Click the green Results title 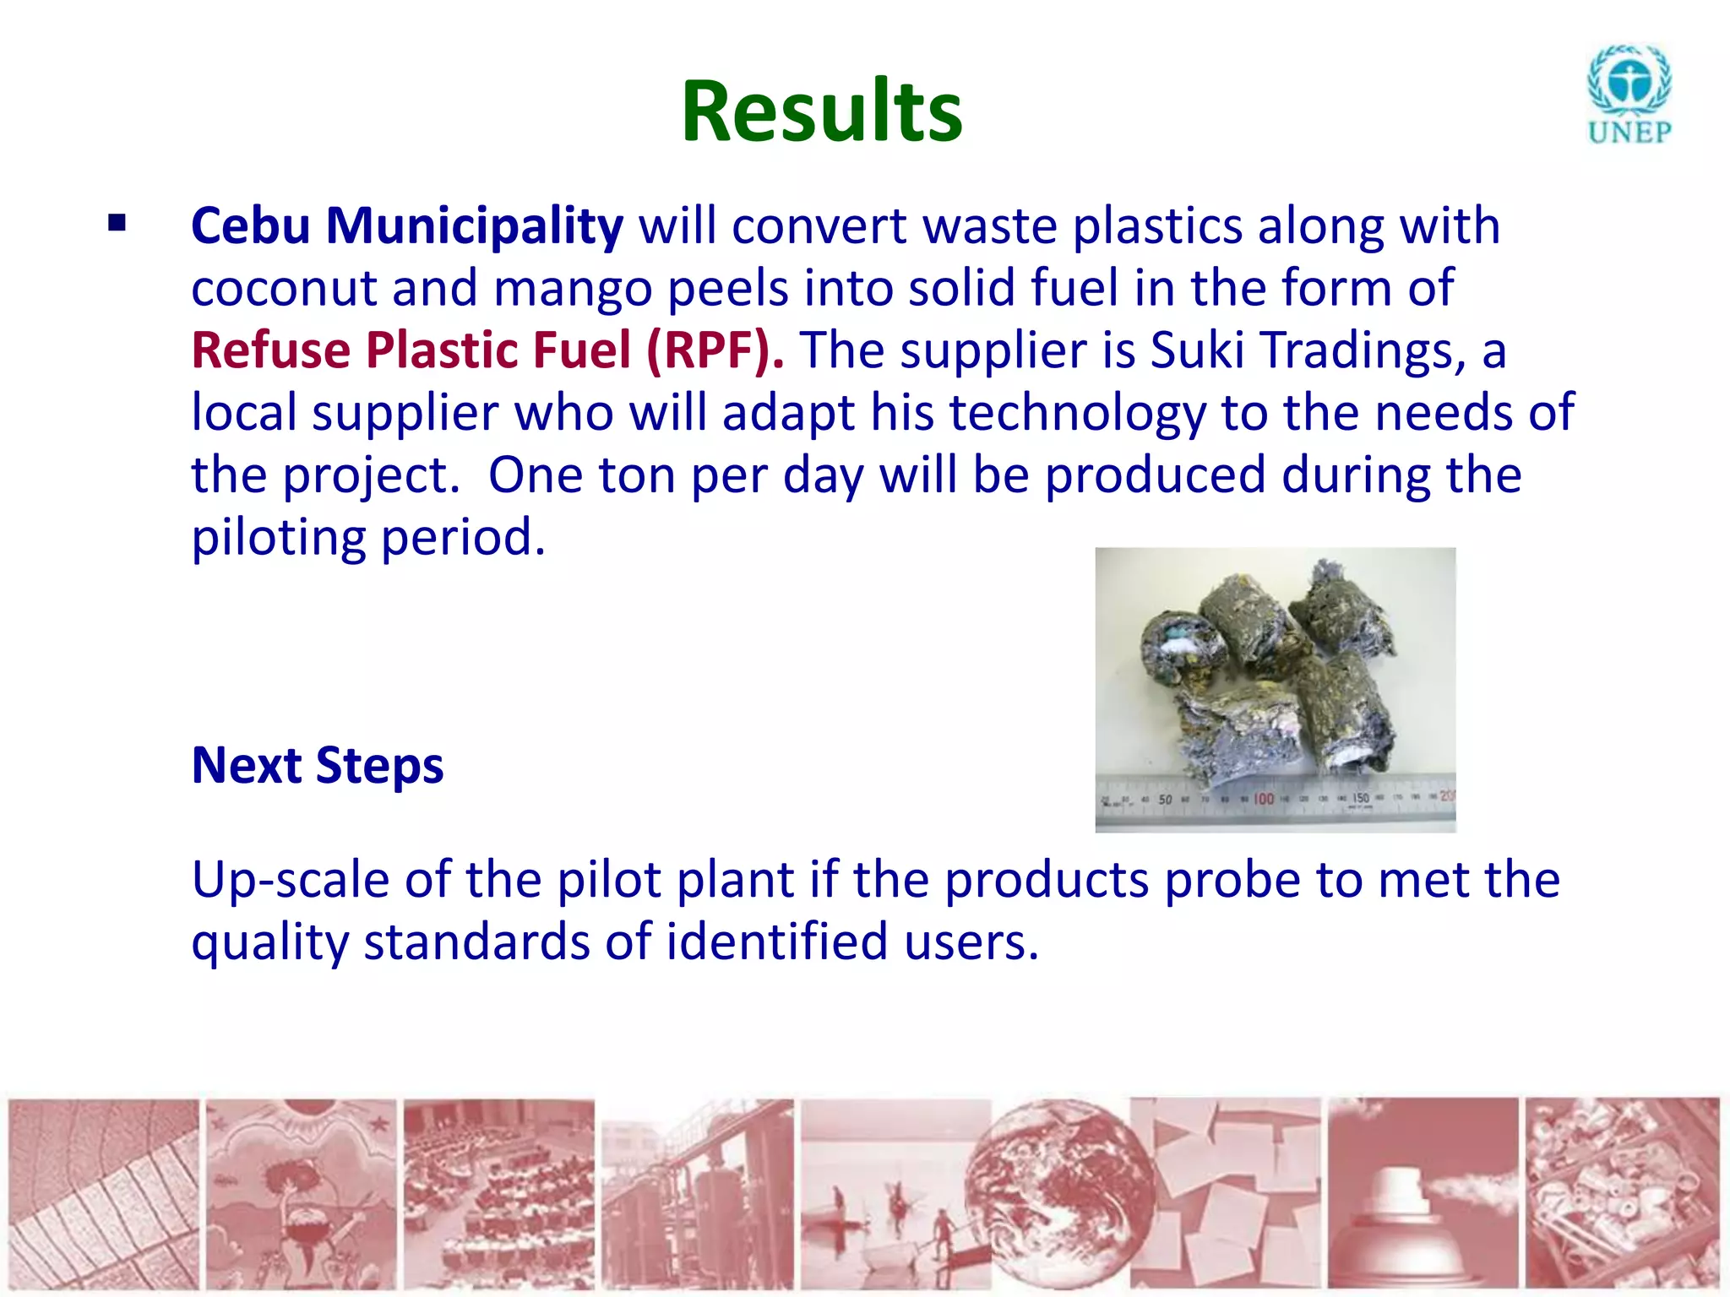tap(821, 111)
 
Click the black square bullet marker tap(117, 224)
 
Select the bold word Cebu tap(250, 226)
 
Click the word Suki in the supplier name tap(1197, 350)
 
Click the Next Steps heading tap(318, 765)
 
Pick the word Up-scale tap(290, 880)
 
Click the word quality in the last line tap(269, 942)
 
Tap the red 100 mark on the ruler tap(1263, 799)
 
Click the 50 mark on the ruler tap(1165, 800)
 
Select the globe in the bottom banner tap(1060, 1191)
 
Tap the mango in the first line tap(573, 289)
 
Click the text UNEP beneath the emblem tap(1629, 133)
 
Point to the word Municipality tap(475, 226)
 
